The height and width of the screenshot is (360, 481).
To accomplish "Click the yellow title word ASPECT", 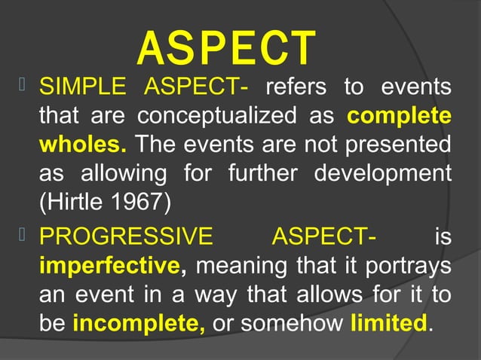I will point(225,47).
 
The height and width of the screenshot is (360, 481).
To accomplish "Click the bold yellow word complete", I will point(400,118).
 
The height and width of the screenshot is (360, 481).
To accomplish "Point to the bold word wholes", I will point(82,144).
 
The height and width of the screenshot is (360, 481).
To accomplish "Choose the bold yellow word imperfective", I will point(109,266).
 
